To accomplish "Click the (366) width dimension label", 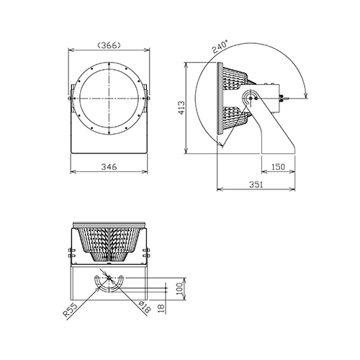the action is tap(109, 45).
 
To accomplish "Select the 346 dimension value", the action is tap(109, 166).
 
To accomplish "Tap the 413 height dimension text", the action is tap(181, 108).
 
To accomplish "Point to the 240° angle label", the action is tap(220, 47).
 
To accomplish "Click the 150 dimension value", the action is tap(278, 166).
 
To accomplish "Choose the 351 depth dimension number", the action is tap(256, 184).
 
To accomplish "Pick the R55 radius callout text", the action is tap(71, 310).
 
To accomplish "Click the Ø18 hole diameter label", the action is tap(145, 307).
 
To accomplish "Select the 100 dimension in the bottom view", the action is tap(182, 289).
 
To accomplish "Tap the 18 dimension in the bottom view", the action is tap(162, 308).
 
